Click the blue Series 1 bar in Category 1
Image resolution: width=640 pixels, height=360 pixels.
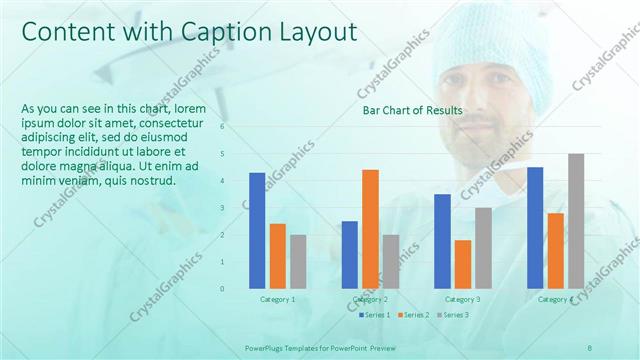point(257,231)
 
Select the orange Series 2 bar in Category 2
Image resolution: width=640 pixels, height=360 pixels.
point(370,229)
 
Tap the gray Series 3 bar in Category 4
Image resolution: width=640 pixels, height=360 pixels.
point(576,221)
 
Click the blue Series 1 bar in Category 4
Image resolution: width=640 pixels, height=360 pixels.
point(535,228)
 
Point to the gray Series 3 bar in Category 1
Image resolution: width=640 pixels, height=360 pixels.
point(298,262)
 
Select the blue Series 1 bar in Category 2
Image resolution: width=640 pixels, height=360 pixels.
point(349,255)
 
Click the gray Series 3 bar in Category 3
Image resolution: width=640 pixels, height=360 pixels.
point(483,248)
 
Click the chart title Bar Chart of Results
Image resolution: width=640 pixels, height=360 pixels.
point(412,110)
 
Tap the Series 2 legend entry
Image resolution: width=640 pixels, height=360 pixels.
point(415,315)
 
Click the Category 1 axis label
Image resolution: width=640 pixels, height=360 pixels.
point(277,299)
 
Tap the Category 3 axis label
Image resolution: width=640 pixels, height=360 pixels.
point(462,299)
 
